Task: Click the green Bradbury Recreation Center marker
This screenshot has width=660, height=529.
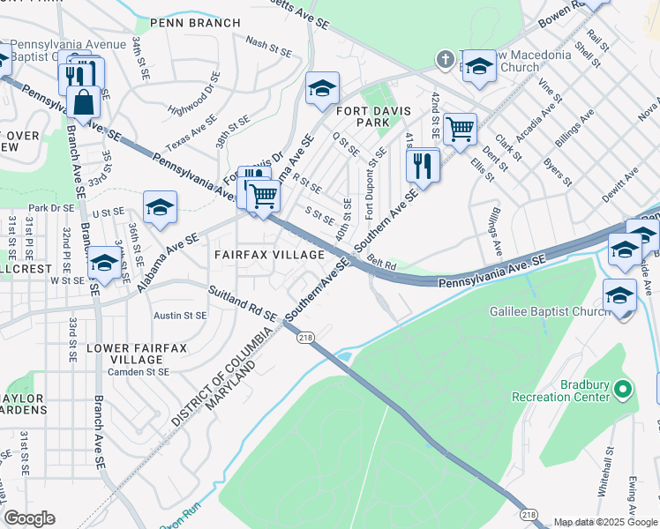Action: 623,388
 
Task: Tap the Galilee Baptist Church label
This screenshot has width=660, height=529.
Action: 550,311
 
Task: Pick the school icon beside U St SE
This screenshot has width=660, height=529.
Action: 161,206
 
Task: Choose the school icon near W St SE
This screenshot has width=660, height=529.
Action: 103,263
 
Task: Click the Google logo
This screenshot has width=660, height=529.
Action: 29,518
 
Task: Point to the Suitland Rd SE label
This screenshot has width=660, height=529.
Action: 242,303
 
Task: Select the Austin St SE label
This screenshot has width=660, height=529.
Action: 180,315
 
